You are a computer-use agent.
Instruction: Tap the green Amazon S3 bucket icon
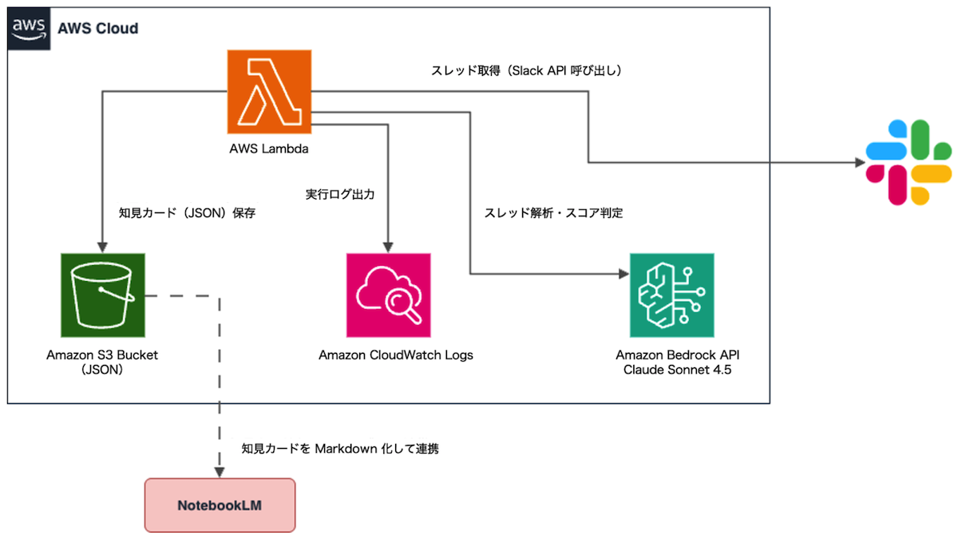tap(102, 295)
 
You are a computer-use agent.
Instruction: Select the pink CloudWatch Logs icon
tap(388, 295)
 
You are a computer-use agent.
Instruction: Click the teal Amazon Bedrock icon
tap(671, 295)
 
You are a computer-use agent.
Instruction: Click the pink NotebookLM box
tap(220, 505)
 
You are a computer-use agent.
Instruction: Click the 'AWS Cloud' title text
tap(97, 29)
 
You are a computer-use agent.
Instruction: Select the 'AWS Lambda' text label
tap(269, 149)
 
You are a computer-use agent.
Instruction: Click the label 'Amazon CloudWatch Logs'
tap(396, 355)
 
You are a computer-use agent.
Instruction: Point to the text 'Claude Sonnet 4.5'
tap(672, 371)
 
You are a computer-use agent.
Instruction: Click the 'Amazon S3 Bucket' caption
tap(102, 355)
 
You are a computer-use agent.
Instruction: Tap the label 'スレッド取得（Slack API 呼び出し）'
tap(526, 71)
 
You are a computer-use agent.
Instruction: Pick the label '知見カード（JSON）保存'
tap(187, 213)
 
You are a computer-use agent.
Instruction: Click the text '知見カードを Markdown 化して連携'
tap(340, 449)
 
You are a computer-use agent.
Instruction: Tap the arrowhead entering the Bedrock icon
tap(622, 275)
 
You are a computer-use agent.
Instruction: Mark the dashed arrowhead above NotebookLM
tap(220, 470)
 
